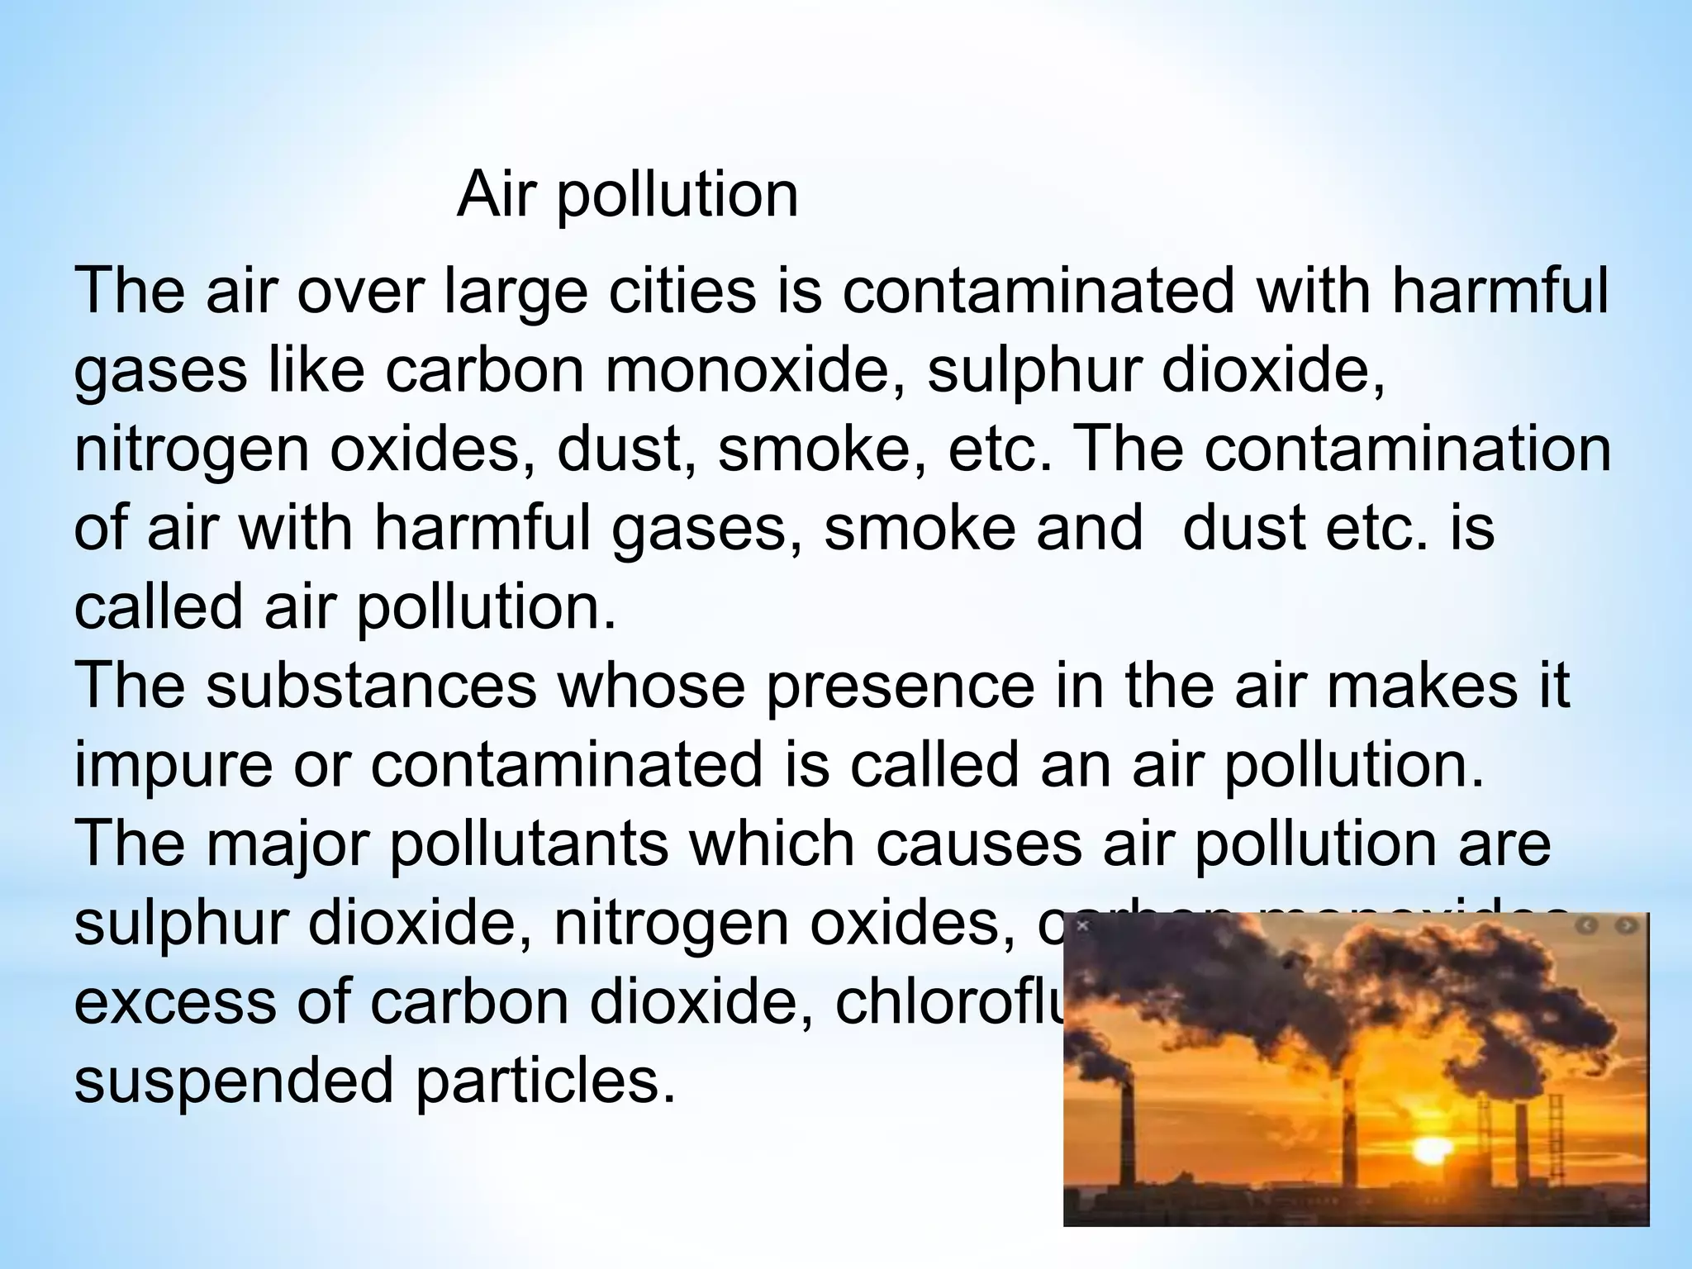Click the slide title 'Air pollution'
(x=627, y=195)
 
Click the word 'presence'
(x=900, y=687)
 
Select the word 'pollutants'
(x=529, y=845)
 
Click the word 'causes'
(x=977, y=845)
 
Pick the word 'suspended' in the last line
(x=233, y=1081)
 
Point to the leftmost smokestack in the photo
(x=1127, y=1132)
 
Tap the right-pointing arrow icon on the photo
(x=1625, y=926)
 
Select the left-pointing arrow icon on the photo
(x=1587, y=926)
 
